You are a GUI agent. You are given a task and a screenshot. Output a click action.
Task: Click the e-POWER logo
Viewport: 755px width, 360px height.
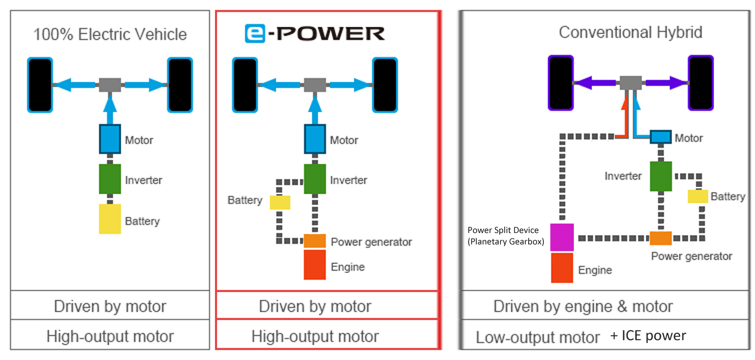[314, 34]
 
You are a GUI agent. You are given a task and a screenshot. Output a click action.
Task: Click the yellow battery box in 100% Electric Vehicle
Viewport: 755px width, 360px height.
[110, 219]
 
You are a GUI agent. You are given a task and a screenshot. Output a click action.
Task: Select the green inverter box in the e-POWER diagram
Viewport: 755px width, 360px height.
[315, 179]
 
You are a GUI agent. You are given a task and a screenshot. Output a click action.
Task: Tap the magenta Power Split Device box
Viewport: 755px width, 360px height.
[562, 237]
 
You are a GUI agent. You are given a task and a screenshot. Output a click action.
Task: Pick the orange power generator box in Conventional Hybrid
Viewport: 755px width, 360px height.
[660, 238]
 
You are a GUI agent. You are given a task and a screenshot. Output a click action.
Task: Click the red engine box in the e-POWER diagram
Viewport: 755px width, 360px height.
[315, 264]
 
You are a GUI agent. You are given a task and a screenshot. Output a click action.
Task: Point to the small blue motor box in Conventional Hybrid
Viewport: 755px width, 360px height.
[661, 137]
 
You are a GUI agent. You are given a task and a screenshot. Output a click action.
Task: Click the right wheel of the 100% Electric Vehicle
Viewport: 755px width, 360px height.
[180, 85]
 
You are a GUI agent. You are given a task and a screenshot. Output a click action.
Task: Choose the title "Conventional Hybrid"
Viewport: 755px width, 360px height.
[630, 33]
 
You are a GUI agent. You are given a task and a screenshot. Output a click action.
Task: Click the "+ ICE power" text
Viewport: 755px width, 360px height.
[648, 335]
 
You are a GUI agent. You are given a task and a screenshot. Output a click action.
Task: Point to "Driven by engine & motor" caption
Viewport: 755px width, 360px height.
[583, 306]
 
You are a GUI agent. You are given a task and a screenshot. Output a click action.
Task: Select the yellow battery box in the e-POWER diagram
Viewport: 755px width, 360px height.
[280, 203]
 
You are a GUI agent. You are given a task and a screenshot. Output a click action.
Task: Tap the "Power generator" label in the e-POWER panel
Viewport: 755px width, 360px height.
[371, 242]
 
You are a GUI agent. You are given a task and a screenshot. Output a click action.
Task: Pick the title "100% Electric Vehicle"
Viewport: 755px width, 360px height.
[110, 35]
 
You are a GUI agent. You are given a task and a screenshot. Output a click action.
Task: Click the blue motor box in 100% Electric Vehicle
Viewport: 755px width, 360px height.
[110, 139]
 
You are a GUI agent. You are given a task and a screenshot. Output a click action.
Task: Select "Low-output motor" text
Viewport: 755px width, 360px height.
[538, 337]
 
